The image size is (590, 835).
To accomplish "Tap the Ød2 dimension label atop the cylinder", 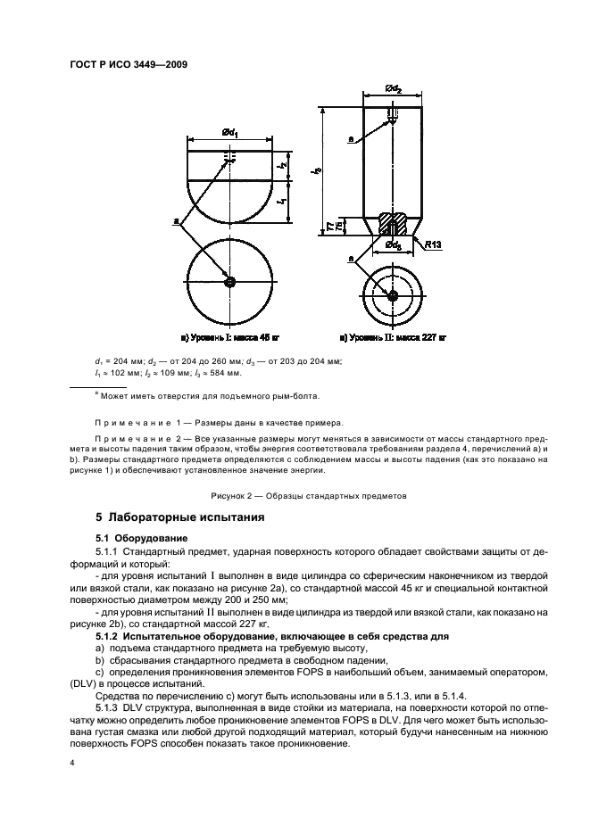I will pyautogui.click(x=393, y=88).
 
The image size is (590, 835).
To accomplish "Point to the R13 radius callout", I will pyautogui.click(x=436, y=243).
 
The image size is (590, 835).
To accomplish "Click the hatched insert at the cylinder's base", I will pyautogui.click(x=393, y=220).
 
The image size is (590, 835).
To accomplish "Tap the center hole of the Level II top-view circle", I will pyautogui.click(x=393, y=293).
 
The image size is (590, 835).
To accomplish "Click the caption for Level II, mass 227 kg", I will pyautogui.click(x=393, y=339).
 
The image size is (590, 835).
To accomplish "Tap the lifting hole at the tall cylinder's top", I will pyautogui.click(x=393, y=113).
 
